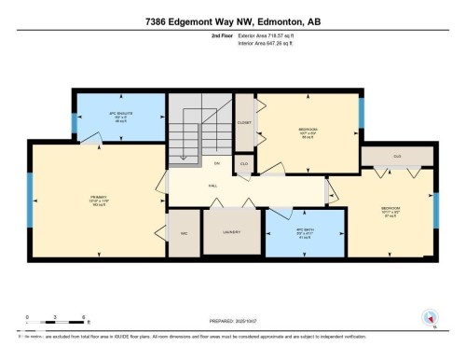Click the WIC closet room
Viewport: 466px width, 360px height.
click(x=185, y=233)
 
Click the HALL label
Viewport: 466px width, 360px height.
click(x=212, y=187)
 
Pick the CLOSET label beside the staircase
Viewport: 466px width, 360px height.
click(x=245, y=123)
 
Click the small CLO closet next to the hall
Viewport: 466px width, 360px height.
click(x=244, y=163)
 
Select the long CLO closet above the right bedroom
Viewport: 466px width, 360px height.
click(x=397, y=156)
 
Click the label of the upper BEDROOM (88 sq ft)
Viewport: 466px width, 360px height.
click(x=307, y=131)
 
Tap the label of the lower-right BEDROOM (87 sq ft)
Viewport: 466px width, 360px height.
click(x=391, y=210)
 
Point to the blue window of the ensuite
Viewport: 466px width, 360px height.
click(x=75, y=120)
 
